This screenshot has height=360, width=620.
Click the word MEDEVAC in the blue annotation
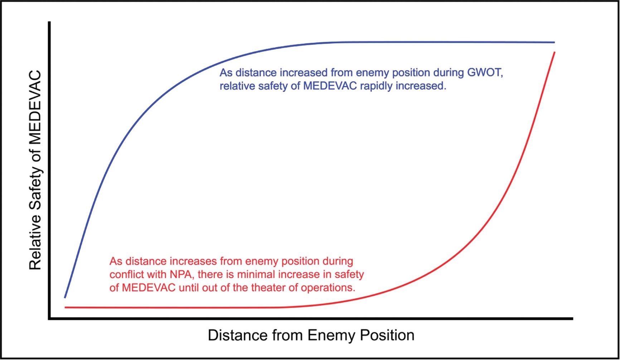point(330,86)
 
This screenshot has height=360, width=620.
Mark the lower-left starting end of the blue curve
point(65,297)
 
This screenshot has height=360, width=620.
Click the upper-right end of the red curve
point(554,52)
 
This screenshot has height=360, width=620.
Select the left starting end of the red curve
point(65,307)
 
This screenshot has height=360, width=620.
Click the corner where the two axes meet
point(49,318)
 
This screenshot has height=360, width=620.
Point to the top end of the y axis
point(49,22)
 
